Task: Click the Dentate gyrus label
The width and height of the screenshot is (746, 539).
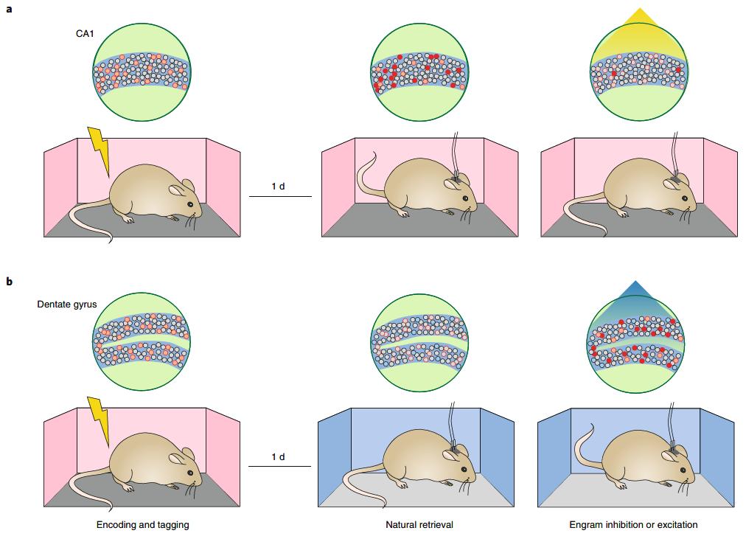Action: pyautogui.click(x=67, y=304)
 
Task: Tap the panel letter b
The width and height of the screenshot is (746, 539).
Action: pyautogui.click(x=10, y=282)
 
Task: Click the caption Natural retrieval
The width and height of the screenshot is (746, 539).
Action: pyautogui.click(x=419, y=525)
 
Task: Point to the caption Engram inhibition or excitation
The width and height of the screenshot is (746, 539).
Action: pyautogui.click(x=633, y=525)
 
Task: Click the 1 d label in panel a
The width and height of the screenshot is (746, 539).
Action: pyautogui.click(x=278, y=186)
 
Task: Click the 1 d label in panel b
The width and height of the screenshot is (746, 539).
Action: pyautogui.click(x=278, y=457)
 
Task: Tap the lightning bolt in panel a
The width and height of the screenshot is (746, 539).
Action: pyautogui.click(x=99, y=151)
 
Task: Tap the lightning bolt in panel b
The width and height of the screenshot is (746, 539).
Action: pyautogui.click(x=99, y=421)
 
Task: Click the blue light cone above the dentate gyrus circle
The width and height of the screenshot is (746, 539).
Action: pyautogui.click(x=638, y=299)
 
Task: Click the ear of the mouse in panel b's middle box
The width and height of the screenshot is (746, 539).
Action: pyautogui.click(x=447, y=456)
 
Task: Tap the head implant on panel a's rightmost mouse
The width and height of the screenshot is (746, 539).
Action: pyautogui.click(x=675, y=178)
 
